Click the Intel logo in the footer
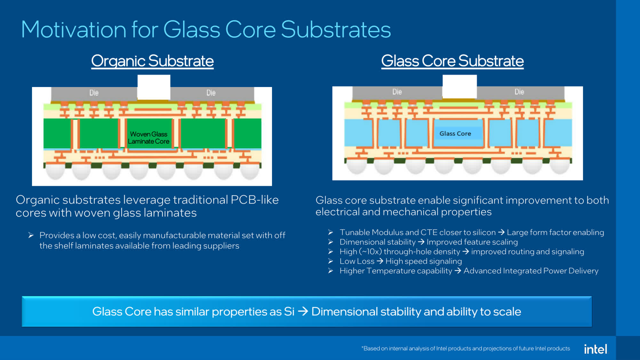(595, 349)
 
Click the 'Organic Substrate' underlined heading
(152, 61)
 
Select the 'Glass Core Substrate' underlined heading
(452, 61)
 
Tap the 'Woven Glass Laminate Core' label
(148, 138)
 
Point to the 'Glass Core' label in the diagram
(455, 133)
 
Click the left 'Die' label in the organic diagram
(94, 93)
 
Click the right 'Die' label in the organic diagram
(211, 93)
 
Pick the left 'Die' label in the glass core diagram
(397, 92)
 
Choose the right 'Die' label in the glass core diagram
(519, 92)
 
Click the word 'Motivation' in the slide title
(74, 30)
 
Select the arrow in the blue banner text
(303, 311)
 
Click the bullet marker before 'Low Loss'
(331, 261)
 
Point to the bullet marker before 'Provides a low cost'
(31, 236)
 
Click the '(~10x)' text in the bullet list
(370, 252)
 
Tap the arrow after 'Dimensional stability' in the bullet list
(421, 242)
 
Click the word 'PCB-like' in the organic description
(254, 200)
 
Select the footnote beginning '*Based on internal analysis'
(466, 348)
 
